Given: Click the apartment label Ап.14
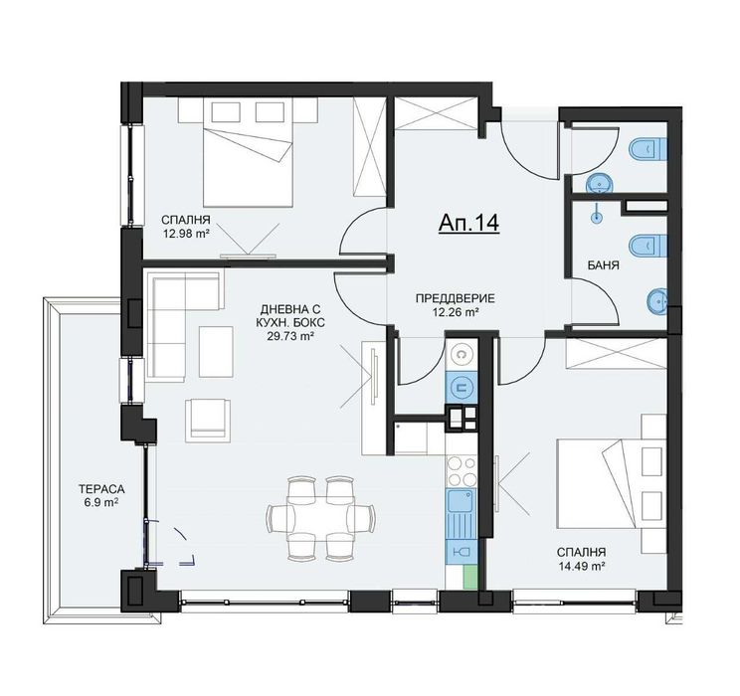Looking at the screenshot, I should (467, 223).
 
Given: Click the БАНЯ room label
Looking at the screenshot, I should (604, 266).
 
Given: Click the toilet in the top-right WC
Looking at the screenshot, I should (646, 149).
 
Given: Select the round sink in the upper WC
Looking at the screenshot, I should (600, 182).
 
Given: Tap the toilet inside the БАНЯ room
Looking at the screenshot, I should (646, 243).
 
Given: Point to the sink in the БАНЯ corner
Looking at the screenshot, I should (655, 300).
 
